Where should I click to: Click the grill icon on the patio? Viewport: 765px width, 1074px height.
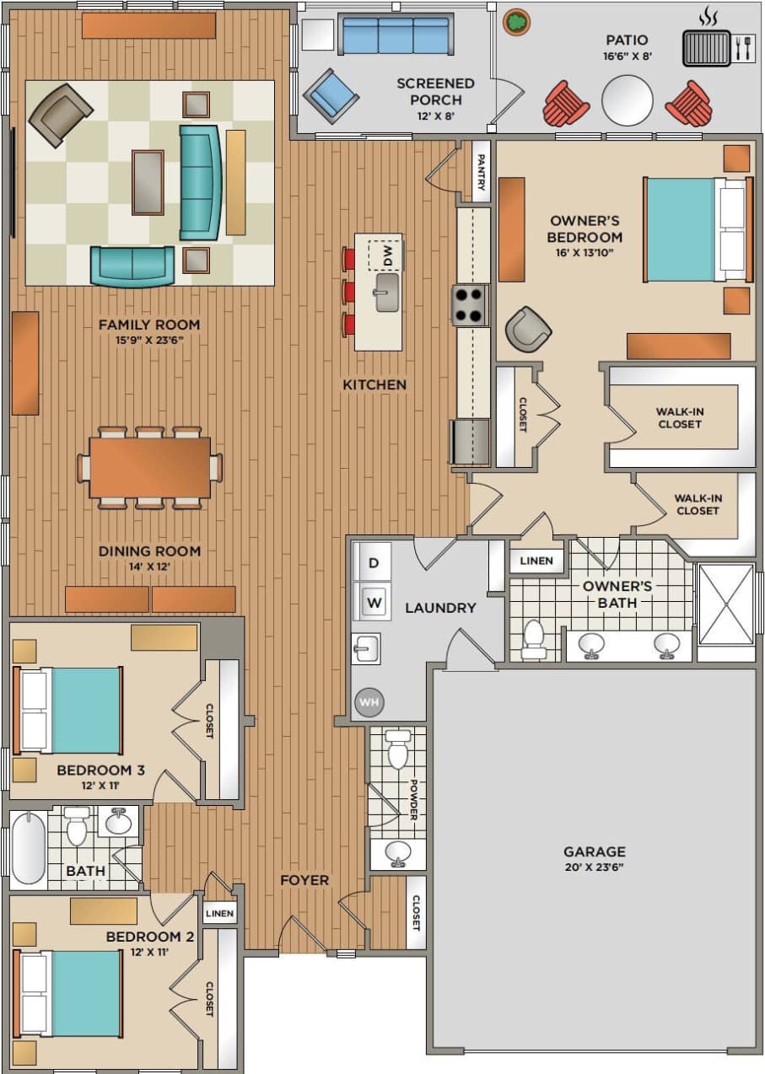pos(706,47)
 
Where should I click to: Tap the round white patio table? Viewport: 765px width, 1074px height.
pos(627,100)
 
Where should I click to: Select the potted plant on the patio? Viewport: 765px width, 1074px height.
pos(517,21)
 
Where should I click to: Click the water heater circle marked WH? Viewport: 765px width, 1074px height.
pos(369,701)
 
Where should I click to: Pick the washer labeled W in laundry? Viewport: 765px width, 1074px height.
pos(374,603)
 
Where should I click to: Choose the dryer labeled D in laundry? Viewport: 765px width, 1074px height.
pos(374,562)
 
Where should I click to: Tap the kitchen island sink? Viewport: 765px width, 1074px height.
pos(387,292)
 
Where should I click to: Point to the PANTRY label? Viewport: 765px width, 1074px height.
pos(481,172)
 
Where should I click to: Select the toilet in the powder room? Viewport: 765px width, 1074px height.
pos(398,749)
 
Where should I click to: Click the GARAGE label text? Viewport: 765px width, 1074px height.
pos(595,851)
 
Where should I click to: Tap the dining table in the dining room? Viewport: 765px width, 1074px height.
pos(150,466)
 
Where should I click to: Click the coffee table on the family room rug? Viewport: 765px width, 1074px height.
pos(148,181)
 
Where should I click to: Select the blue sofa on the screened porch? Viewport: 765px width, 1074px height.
pos(379,35)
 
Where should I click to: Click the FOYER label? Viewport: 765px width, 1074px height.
pos(304,880)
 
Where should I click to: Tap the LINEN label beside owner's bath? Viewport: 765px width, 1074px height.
pos(536,561)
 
